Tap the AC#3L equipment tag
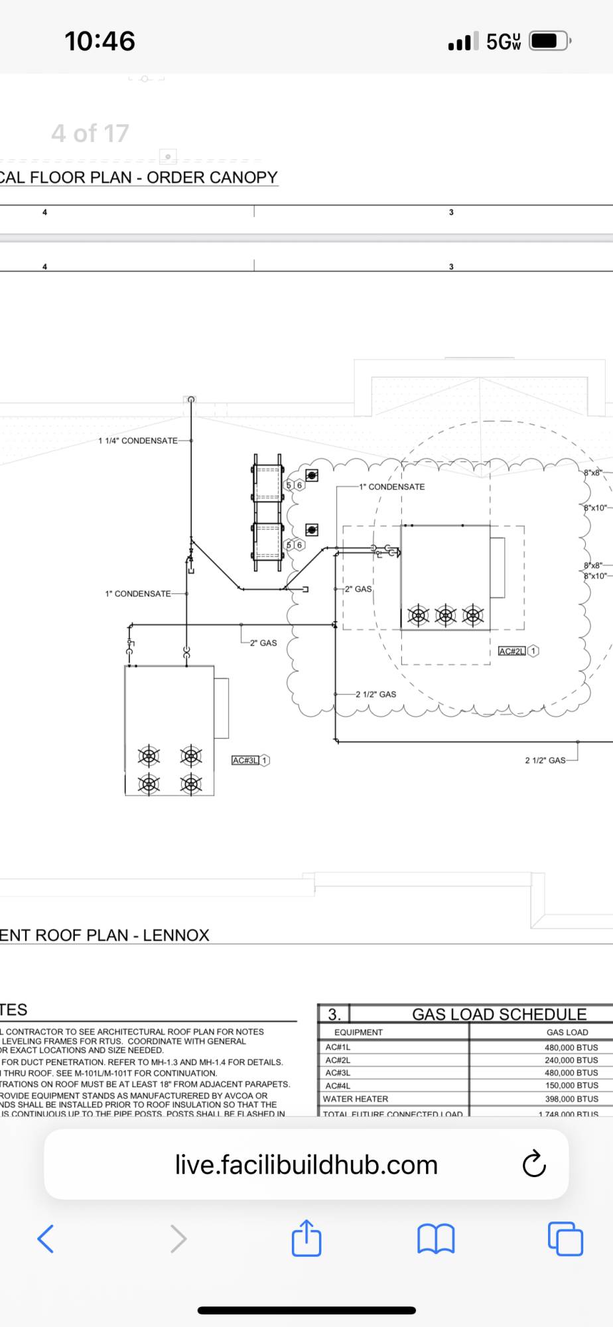pos(245,760)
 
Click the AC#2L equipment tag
pos(511,651)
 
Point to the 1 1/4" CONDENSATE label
pos(138,441)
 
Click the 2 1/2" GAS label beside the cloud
pos(375,694)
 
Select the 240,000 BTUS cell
pos(571,1060)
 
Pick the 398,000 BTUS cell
pos(571,1099)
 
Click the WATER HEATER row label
pos(356,1099)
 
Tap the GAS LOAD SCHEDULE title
pos(499,1014)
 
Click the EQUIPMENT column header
pos(358,1032)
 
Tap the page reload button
pos(534,1164)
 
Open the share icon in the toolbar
pos(306,1238)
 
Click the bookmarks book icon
pos(436,1238)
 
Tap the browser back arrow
pos(45,1238)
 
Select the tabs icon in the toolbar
pos(565,1238)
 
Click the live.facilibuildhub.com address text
pos(306,1164)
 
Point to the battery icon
pos(549,41)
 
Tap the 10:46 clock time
pos(100,41)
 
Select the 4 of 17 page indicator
pos(90,133)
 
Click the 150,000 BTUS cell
pos(571,1085)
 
